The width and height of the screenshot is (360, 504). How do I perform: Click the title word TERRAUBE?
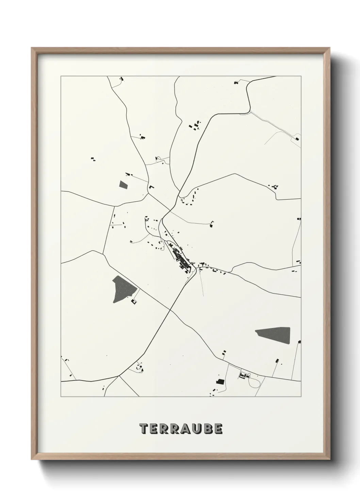click(181, 429)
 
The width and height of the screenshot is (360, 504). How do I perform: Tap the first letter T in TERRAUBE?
click(144, 429)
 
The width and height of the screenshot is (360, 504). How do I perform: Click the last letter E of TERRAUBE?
click(218, 429)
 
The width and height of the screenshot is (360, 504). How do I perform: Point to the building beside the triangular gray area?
click(134, 301)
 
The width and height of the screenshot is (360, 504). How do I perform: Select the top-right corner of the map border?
click(301, 76)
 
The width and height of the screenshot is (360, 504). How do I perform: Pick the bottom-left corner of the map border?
click(61, 397)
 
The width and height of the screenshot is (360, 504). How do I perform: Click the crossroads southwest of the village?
click(170, 310)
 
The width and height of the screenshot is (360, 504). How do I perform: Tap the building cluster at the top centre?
click(195, 125)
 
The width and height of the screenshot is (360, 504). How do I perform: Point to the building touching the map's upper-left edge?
click(122, 79)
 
